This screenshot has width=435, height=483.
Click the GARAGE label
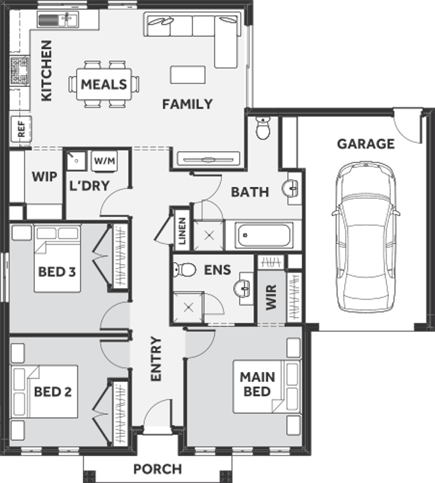pos(366,144)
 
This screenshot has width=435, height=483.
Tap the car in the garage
pos(366,237)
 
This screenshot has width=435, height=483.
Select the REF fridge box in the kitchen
pos(21,129)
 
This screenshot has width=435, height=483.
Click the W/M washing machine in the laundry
pos(105,160)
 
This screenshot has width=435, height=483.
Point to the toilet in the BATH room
pos(263,128)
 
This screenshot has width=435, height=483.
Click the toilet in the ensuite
pos(184,270)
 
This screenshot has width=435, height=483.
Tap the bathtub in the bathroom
pos(264,236)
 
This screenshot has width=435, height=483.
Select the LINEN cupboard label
pos(182,231)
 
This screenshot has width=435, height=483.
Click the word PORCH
pos(157,469)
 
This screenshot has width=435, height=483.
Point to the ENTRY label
pos(156,359)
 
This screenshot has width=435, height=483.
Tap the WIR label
pos(271,297)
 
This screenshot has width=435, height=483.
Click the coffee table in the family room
pos(188,75)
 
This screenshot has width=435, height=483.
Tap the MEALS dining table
pos(104,84)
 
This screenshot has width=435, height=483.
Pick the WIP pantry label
pos(45,177)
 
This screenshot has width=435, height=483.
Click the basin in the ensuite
pos(243,289)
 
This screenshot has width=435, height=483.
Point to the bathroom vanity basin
pos(291,188)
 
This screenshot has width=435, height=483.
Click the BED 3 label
pos(57,272)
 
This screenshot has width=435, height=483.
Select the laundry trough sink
pos(76,160)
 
